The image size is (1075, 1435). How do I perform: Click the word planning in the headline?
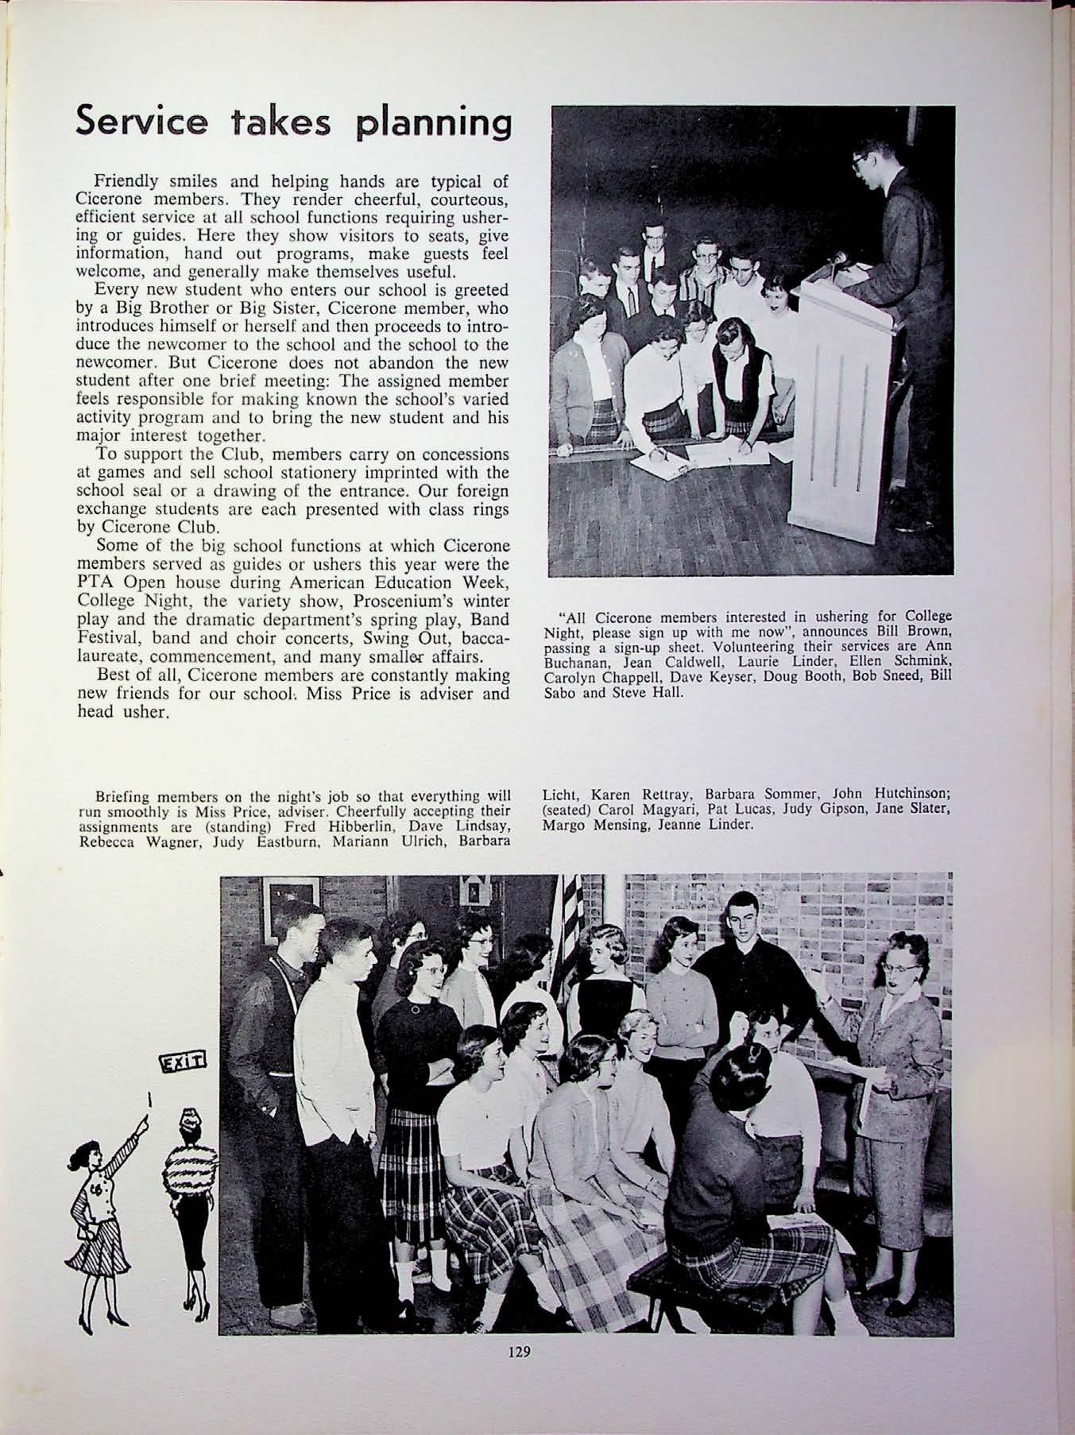coord(432,126)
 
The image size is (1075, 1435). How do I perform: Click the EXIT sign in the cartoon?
coord(183,1062)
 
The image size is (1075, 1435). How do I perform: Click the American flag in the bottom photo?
coord(570,930)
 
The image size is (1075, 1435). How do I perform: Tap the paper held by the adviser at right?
coord(842,1067)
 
